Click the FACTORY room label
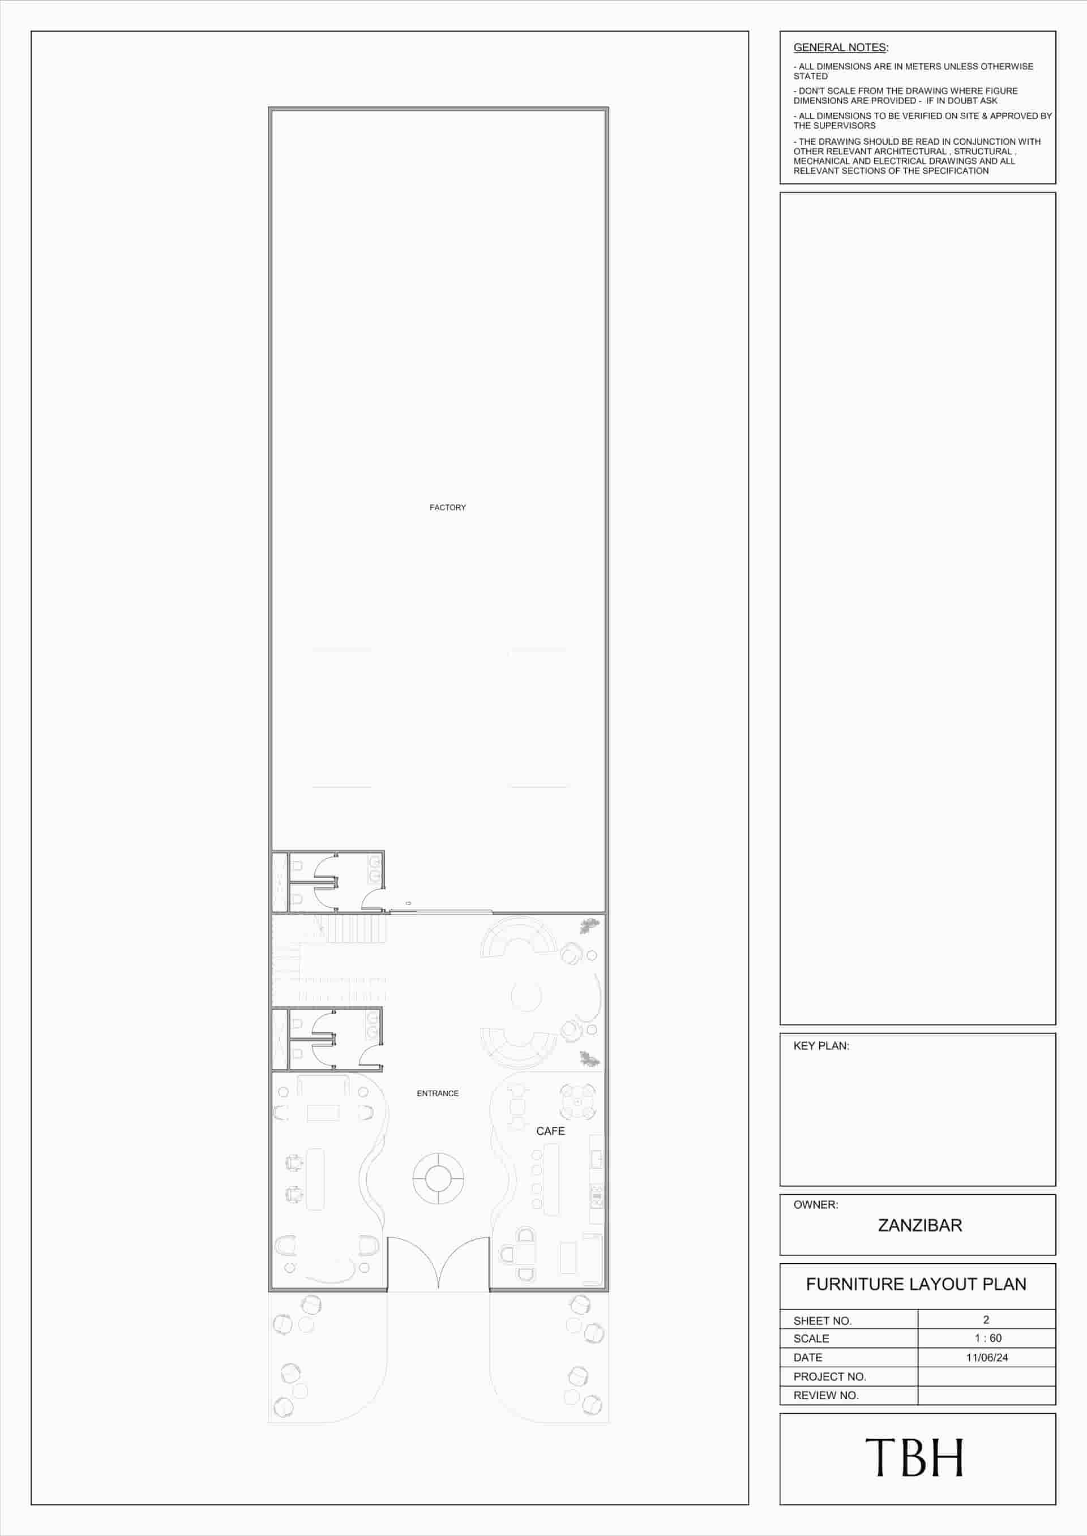point(447,507)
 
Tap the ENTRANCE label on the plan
point(438,1093)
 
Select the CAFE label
point(550,1131)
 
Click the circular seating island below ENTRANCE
point(438,1177)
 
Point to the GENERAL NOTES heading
point(840,48)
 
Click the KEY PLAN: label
point(820,1046)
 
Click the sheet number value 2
point(986,1319)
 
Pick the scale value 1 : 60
point(987,1337)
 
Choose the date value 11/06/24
point(987,1357)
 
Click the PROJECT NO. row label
point(829,1376)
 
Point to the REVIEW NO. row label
point(825,1395)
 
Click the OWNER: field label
point(815,1204)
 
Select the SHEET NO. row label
point(822,1320)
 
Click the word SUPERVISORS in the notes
point(845,126)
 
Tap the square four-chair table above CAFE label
point(577,1102)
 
